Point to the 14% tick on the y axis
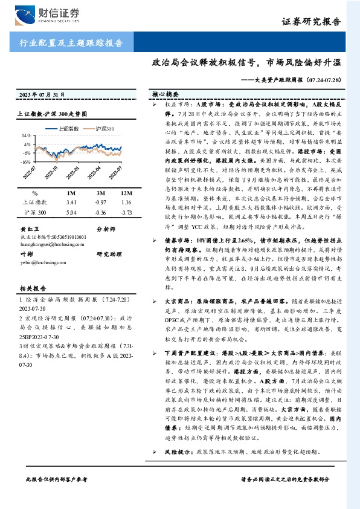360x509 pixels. click(27, 137)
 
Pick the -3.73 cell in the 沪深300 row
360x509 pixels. click(126, 213)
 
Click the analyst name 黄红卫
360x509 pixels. click(30, 230)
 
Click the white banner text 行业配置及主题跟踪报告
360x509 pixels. click(68, 43)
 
